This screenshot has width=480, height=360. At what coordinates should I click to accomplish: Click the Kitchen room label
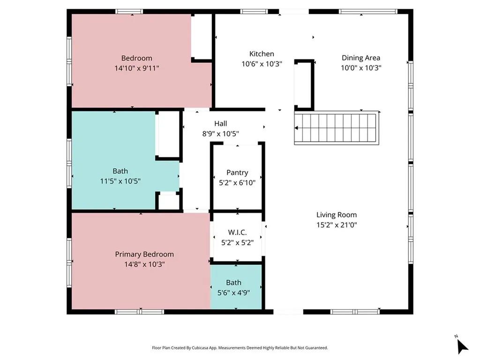click(x=262, y=54)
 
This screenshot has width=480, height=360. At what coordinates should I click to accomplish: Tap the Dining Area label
click(x=361, y=58)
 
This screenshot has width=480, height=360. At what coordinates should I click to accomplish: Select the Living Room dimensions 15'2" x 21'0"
click(x=337, y=225)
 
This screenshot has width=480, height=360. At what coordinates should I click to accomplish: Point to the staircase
click(x=337, y=127)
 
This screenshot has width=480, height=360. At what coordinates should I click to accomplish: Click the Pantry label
click(x=237, y=172)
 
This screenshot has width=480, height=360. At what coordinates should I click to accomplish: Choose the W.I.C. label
click(x=237, y=232)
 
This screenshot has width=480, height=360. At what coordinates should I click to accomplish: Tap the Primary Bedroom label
click(x=144, y=255)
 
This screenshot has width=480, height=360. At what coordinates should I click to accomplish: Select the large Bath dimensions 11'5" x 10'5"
click(x=120, y=181)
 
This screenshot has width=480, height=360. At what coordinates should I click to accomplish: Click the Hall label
click(x=220, y=124)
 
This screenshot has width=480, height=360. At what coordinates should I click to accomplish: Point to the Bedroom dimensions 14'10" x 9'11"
click(x=137, y=68)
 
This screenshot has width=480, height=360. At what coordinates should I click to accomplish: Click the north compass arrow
click(x=462, y=346)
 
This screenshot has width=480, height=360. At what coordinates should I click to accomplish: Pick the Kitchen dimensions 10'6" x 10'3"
click(x=262, y=64)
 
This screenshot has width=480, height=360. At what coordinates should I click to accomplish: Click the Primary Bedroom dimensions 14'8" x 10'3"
click(x=144, y=264)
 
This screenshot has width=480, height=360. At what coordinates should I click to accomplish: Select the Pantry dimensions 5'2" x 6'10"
click(x=237, y=183)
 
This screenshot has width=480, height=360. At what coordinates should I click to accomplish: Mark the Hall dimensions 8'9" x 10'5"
click(x=220, y=134)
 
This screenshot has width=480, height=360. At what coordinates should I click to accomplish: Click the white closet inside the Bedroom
click(x=202, y=37)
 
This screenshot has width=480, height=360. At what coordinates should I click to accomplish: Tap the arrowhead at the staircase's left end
click(x=296, y=128)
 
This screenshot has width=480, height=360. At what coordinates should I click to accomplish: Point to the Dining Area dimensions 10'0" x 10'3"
click(x=361, y=68)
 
